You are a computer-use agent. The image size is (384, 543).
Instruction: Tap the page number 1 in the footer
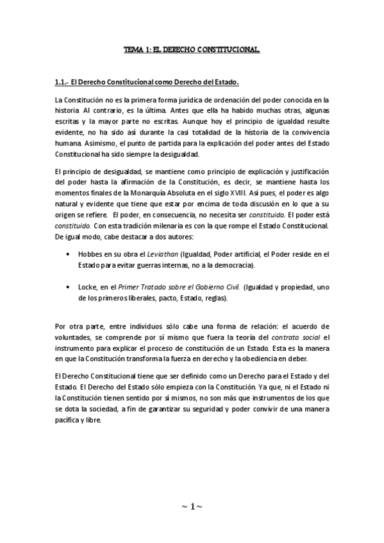[192, 508]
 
